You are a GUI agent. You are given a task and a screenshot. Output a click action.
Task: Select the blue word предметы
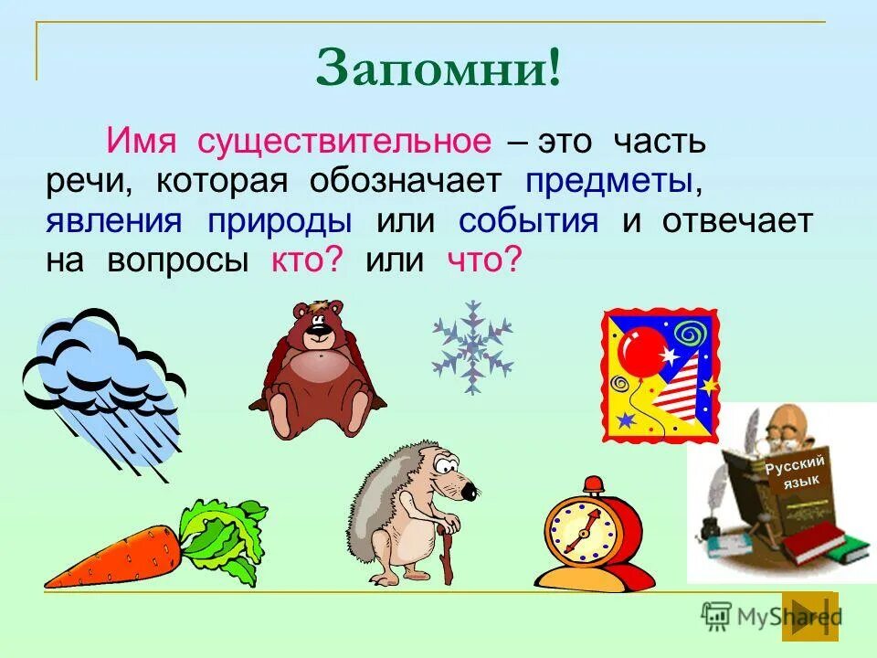pyautogui.click(x=607, y=181)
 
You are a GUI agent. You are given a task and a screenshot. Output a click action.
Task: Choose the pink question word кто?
pyautogui.click(x=306, y=260)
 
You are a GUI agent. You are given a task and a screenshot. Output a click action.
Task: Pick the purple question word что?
pyautogui.click(x=484, y=260)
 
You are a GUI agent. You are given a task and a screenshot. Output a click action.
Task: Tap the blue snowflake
pyautogui.click(x=471, y=347)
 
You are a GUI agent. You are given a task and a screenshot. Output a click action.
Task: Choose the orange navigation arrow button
pyautogui.click(x=809, y=616)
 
